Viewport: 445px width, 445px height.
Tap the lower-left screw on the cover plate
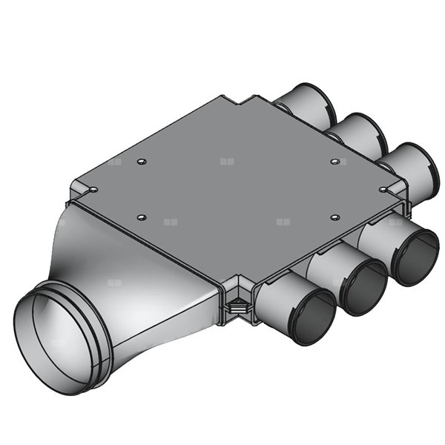142,217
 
